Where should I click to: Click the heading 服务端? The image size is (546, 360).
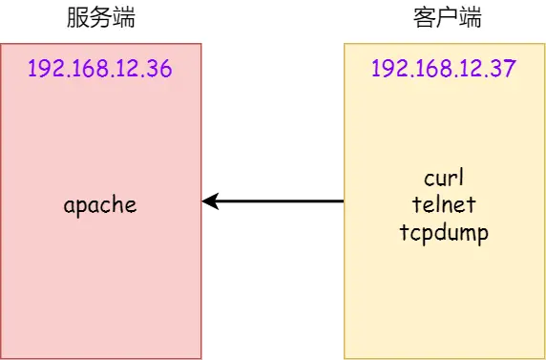[100, 18]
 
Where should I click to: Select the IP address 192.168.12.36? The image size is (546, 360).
[100, 70]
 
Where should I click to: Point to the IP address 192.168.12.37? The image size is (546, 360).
[444, 70]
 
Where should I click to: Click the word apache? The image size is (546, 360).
[100, 204]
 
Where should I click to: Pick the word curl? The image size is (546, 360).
[444, 179]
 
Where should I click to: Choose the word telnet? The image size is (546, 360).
[444, 204]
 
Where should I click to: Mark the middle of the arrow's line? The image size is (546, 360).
[274, 201]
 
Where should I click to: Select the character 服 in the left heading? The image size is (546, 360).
[77, 18]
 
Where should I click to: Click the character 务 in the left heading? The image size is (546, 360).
[100, 18]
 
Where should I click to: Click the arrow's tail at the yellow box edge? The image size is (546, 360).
[343, 201]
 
